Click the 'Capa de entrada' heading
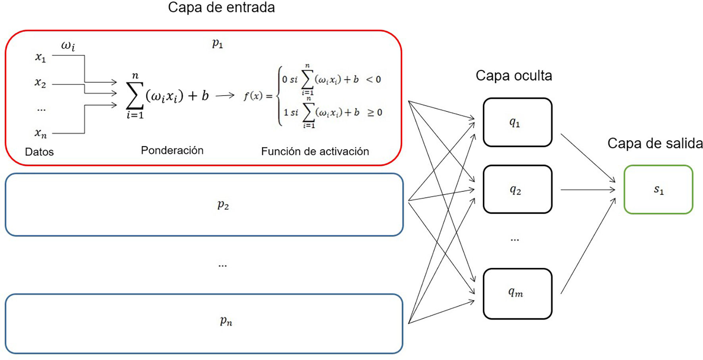pos(221,8)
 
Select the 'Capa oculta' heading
pos(513,75)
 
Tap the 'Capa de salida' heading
pos(655,143)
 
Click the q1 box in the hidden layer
pos(517,122)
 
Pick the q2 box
pos(517,189)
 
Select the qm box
pos(517,293)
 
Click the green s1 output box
pos(658,190)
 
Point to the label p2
pos(223,205)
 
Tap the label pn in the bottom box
pos(226,321)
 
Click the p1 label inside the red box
pos(217,43)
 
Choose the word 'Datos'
pos(39,152)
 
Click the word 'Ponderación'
pos(172,150)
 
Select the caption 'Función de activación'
pos(315,151)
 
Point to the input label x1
pos(40,58)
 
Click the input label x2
pos(40,83)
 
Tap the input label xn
pos(40,133)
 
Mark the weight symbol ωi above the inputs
pos(68,46)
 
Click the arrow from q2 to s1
pos(588,190)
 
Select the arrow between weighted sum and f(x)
pos(225,95)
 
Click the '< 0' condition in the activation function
pos(373,79)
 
